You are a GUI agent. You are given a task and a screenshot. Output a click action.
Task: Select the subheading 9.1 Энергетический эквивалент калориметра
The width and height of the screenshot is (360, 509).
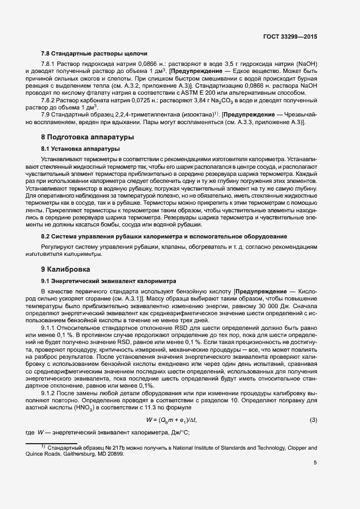pyautogui.click(x=108, y=281)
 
